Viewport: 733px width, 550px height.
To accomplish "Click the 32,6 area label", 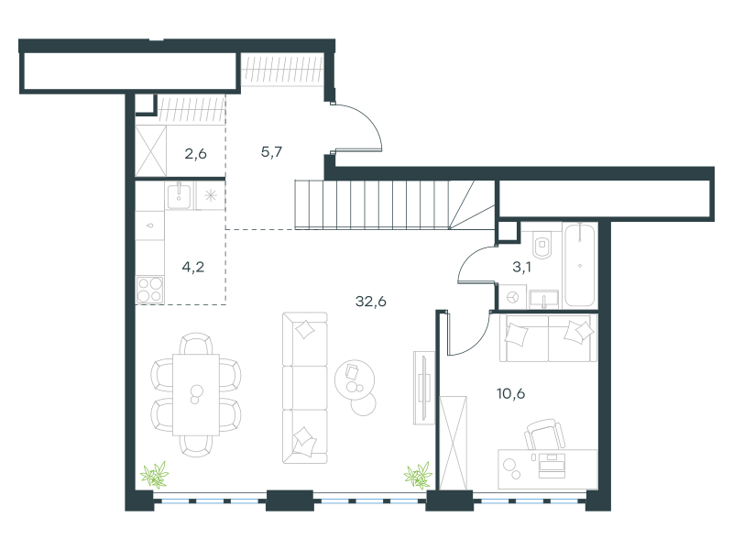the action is pos(371,302).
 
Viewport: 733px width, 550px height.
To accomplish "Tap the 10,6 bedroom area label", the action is pos(510,394).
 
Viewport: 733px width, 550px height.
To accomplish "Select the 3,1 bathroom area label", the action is pos(521,267).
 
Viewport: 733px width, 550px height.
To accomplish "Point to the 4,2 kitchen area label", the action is pos(193,267).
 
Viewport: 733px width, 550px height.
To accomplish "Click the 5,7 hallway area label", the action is pos(271,152).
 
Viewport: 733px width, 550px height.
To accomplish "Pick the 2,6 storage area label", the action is pos(195,153).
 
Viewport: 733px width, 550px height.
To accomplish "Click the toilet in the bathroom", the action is pos(542,244).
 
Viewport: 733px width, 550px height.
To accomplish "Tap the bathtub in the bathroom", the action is pos(580,265).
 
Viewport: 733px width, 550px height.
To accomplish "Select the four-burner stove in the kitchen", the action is pos(149,290).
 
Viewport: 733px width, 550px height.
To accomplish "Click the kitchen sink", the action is pos(179,196).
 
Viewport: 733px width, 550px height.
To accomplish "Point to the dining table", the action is pos(196,395).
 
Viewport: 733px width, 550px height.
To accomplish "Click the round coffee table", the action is pos(355,379).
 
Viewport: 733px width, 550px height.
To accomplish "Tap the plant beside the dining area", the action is pos(155,475).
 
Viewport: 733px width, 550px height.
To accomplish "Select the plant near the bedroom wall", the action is pos(418,475).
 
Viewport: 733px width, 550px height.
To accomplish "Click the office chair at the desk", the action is pos(544,434).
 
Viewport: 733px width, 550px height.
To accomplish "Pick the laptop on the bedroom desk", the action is pos(552,465).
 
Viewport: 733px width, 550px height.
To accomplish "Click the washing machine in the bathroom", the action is pos(512,297).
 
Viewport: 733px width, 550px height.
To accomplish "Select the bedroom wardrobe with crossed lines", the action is pos(454,443).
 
